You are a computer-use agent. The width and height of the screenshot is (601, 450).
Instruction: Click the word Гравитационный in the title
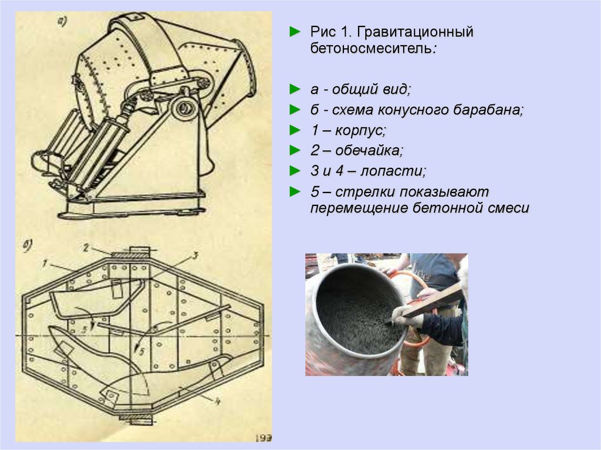click(415, 32)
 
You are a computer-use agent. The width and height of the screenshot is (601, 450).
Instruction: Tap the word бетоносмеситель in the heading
click(371, 49)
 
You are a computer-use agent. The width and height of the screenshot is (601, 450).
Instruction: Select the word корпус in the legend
click(360, 131)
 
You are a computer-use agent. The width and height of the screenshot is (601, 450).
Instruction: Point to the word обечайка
click(369, 150)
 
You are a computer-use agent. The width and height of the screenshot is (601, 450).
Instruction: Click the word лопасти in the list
click(393, 171)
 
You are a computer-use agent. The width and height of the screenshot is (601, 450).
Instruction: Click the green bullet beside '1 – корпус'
click(295, 130)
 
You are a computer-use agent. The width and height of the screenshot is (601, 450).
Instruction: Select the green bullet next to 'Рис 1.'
click(295, 32)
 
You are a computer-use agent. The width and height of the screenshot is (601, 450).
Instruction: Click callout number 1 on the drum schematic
click(45, 263)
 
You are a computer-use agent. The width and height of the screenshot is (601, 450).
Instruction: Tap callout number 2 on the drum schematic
click(86, 248)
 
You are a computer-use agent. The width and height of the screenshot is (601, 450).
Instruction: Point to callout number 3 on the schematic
click(195, 255)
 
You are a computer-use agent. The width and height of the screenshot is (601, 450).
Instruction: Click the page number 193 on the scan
click(264, 437)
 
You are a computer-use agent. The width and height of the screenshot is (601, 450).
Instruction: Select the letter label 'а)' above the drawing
click(62, 21)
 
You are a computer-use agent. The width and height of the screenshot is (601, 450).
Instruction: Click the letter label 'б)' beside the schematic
click(28, 246)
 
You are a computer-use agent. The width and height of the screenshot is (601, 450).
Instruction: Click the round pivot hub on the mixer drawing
click(185, 108)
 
